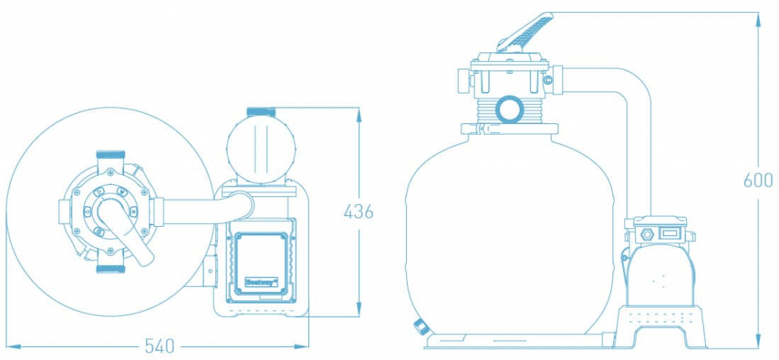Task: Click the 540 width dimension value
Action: pyautogui.click(x=161, y=346)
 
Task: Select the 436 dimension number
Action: pyautogui.click(x=358, y=212)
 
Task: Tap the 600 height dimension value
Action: pyautogui.click(x=758, y=180)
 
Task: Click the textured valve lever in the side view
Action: pyautogui.click(x=525, y=33)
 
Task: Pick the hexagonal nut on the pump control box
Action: pyautogui.click(x=647, y=233)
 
